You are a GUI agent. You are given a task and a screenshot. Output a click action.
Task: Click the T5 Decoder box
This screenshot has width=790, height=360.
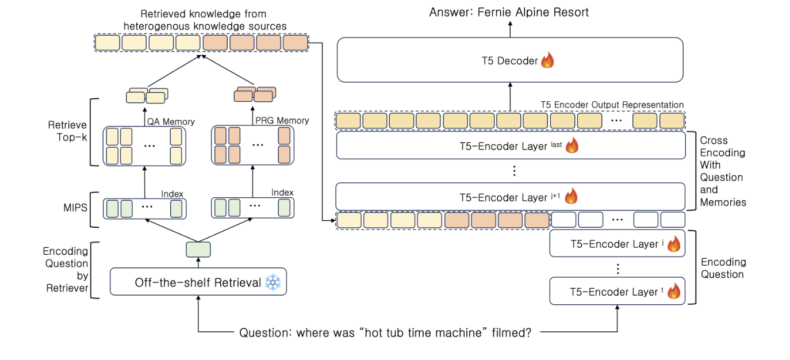pos(509,60)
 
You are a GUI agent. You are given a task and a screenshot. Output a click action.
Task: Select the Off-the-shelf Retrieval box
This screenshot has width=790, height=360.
pos(198,282)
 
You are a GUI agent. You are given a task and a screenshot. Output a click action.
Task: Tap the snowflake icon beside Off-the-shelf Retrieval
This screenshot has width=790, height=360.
pos(272,283)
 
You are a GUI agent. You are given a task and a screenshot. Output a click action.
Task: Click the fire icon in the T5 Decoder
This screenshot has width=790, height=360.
pos(547,60)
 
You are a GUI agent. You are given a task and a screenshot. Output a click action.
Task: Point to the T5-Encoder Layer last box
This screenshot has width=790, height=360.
pos(511,146)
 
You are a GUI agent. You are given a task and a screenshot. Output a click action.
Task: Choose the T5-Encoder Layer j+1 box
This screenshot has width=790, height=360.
pos(511,197)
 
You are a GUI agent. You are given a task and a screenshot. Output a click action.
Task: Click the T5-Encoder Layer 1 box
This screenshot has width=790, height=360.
pos(617,292)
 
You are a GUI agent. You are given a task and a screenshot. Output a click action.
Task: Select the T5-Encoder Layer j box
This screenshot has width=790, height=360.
pos(617,244)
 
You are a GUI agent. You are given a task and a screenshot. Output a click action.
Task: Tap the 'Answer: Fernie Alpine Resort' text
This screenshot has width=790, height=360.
pos(509,12)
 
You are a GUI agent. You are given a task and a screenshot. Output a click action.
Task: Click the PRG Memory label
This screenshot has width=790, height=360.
pos(281,120)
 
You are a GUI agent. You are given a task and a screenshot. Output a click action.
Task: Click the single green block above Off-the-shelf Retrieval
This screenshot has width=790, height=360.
pos(198,250)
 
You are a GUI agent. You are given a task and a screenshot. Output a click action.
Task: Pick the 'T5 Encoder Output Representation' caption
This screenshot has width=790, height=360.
pos(612,105)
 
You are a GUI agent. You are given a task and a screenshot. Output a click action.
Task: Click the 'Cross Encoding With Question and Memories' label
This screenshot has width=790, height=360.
pos(722,171)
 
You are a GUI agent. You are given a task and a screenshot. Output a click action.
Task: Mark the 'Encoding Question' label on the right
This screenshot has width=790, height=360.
pos(723,268)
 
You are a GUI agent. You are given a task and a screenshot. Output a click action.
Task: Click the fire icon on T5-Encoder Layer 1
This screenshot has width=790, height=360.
pos(673,292)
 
